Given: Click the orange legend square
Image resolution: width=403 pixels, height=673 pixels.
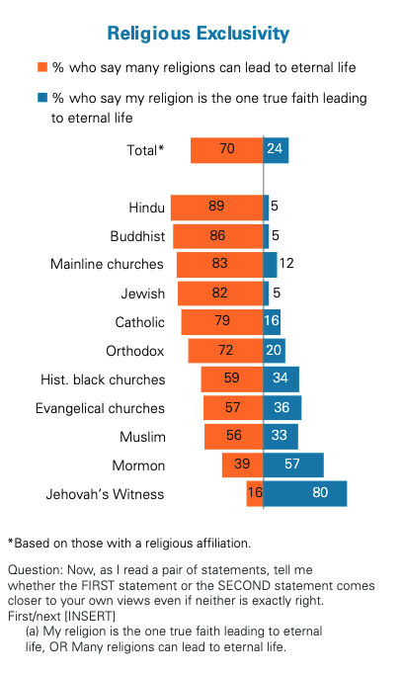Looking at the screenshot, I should tap(41, 68).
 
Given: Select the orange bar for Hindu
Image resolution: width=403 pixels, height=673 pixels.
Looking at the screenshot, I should tap(216, 208).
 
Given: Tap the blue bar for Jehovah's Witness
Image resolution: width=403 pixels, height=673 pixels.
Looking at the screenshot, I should tap(305, 493).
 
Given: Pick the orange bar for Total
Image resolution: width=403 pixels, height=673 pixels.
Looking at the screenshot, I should tap(227, 150).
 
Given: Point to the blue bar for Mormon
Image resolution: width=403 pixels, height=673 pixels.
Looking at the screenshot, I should tap(293, 464).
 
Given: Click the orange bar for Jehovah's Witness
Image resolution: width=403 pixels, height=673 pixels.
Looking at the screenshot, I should tap(255, 493).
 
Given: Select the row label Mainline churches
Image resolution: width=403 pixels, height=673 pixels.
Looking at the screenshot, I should tap(107, 265).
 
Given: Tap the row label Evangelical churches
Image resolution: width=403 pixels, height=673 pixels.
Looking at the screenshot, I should tap(100, 408).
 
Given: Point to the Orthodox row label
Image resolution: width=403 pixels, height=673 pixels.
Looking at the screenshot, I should tap(134, 351).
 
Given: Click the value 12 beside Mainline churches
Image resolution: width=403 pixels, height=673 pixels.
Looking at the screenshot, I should tap(287, 265).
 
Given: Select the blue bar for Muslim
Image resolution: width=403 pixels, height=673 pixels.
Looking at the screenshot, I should tap(281, 436).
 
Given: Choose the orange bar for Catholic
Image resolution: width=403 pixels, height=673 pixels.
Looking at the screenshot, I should tap(222, 322).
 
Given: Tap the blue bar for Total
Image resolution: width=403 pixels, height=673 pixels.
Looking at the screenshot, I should tap(276, 150).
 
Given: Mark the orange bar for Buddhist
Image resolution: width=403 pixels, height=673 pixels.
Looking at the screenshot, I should tap(218, 236).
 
